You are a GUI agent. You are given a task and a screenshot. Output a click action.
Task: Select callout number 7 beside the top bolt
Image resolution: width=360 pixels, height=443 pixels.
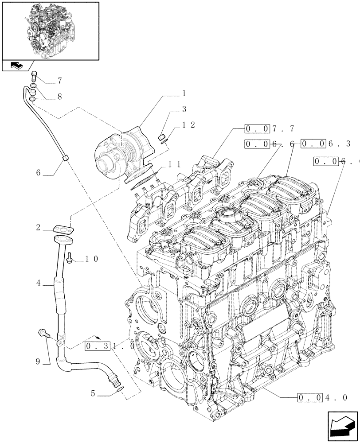59,81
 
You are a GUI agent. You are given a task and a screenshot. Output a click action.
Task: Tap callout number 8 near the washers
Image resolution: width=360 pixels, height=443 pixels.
59,96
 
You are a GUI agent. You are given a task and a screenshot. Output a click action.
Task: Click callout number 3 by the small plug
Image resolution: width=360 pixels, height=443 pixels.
183,109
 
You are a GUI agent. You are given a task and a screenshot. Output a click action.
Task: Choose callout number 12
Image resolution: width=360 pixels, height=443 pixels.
188,125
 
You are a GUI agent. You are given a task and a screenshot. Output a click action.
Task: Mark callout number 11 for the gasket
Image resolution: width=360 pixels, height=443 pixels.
174,164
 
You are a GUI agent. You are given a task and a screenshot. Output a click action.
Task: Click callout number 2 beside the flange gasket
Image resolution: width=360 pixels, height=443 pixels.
39,228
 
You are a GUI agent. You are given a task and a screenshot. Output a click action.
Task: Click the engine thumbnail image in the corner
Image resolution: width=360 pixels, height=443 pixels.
50,31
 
